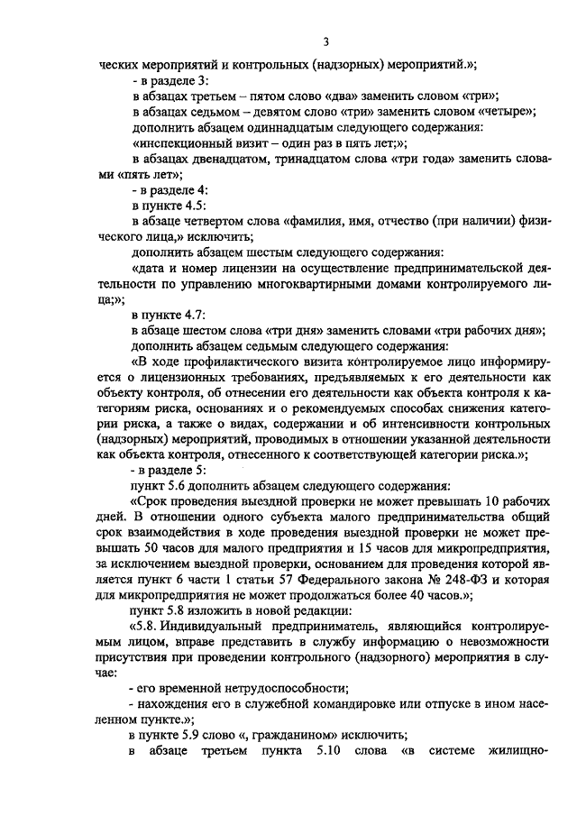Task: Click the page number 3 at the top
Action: pos(326,41)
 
